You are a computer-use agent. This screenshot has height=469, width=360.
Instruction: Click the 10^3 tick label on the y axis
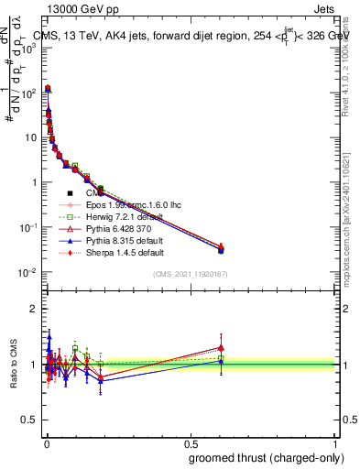27,48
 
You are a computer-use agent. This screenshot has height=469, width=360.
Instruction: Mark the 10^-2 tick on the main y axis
27,273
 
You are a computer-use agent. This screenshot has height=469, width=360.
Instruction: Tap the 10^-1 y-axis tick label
27,228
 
